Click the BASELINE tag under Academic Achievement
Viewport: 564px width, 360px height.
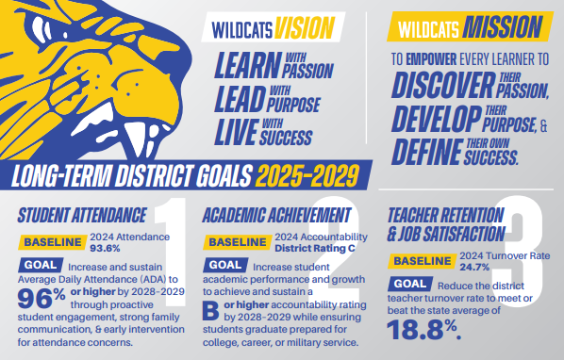tap(236, 243)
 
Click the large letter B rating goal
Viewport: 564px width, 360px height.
tap(213, 315)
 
